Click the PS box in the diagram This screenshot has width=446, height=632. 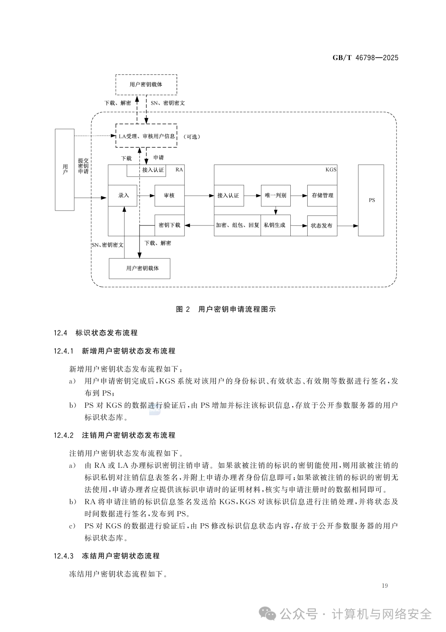371,200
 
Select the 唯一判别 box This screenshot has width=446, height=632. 275,196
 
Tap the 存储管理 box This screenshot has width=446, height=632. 322,196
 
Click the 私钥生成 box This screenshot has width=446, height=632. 275,225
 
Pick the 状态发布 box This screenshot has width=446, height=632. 322,225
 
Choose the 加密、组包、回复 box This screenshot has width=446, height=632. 237,225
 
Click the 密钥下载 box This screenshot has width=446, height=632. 170,225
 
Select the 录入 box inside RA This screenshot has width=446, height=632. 123,196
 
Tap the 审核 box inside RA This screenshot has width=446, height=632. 170,196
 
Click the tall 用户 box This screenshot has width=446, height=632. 64,170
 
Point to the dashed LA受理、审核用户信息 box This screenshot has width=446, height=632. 147,136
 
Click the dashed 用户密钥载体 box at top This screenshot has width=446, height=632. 147,85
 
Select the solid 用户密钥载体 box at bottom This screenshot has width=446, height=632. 140,268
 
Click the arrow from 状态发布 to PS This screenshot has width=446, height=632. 348,226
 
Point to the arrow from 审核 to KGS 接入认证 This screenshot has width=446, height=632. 199,196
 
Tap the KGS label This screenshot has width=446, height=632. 331,170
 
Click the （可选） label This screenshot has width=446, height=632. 192,137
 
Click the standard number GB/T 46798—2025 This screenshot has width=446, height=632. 365,58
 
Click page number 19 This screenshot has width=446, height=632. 384,586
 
